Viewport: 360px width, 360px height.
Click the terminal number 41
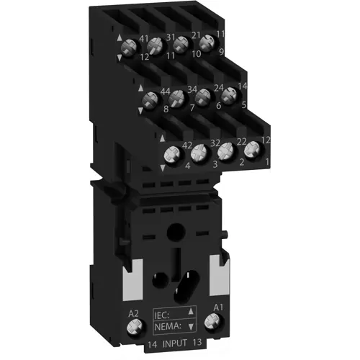(x=143, y=40)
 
